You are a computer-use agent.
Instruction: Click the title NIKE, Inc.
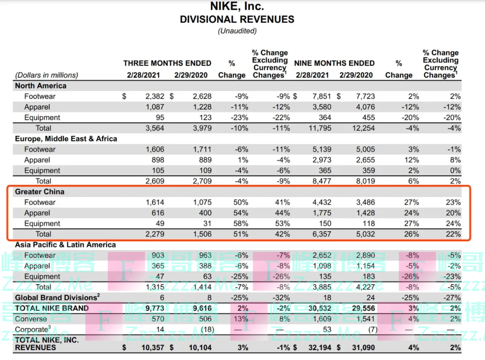237,6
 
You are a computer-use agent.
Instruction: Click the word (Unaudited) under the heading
237,31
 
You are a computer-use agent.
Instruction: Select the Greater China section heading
40,192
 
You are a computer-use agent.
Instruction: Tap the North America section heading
40,86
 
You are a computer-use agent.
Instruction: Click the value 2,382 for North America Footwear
154,97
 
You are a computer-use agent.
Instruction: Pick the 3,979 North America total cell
202,128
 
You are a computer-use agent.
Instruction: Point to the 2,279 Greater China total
154,234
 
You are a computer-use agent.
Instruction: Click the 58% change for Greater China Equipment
241,224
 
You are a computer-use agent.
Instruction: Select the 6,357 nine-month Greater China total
322,234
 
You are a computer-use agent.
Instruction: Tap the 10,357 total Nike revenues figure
153,347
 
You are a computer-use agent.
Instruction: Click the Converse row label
31,319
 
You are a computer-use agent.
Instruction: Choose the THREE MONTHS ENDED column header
167,63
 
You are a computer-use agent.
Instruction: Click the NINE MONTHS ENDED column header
334,63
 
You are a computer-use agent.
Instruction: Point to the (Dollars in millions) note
46,75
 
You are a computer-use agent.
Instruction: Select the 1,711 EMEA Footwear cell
202,149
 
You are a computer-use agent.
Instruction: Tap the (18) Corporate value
207,329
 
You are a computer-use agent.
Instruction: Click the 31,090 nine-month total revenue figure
363,347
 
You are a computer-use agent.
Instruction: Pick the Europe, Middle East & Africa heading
66,139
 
